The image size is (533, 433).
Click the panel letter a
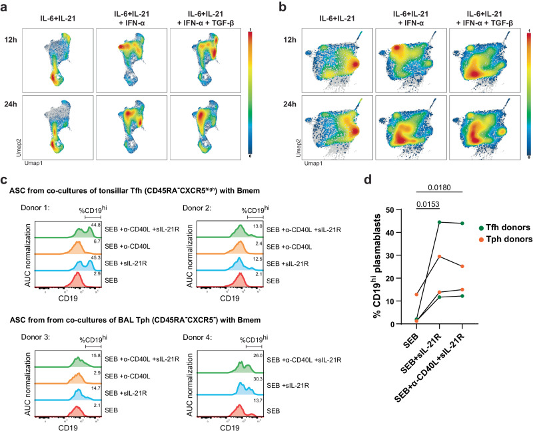5,7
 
